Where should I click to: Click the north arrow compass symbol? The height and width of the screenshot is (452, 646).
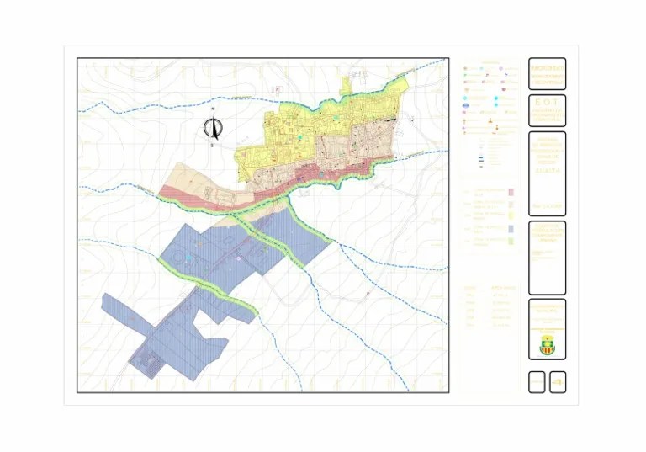(213, 129)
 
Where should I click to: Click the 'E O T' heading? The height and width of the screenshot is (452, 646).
(547, 102)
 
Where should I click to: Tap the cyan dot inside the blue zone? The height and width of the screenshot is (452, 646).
(191, 257)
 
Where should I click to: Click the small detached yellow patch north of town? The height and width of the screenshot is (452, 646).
(346, 83)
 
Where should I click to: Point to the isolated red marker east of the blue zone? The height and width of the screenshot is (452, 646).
(368, 294)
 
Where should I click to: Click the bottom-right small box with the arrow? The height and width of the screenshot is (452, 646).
(557, 382)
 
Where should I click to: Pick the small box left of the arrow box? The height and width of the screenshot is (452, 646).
(537, 382)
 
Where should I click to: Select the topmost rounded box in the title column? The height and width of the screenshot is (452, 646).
(547, 74)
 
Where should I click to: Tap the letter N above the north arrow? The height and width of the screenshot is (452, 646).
(213, 110)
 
